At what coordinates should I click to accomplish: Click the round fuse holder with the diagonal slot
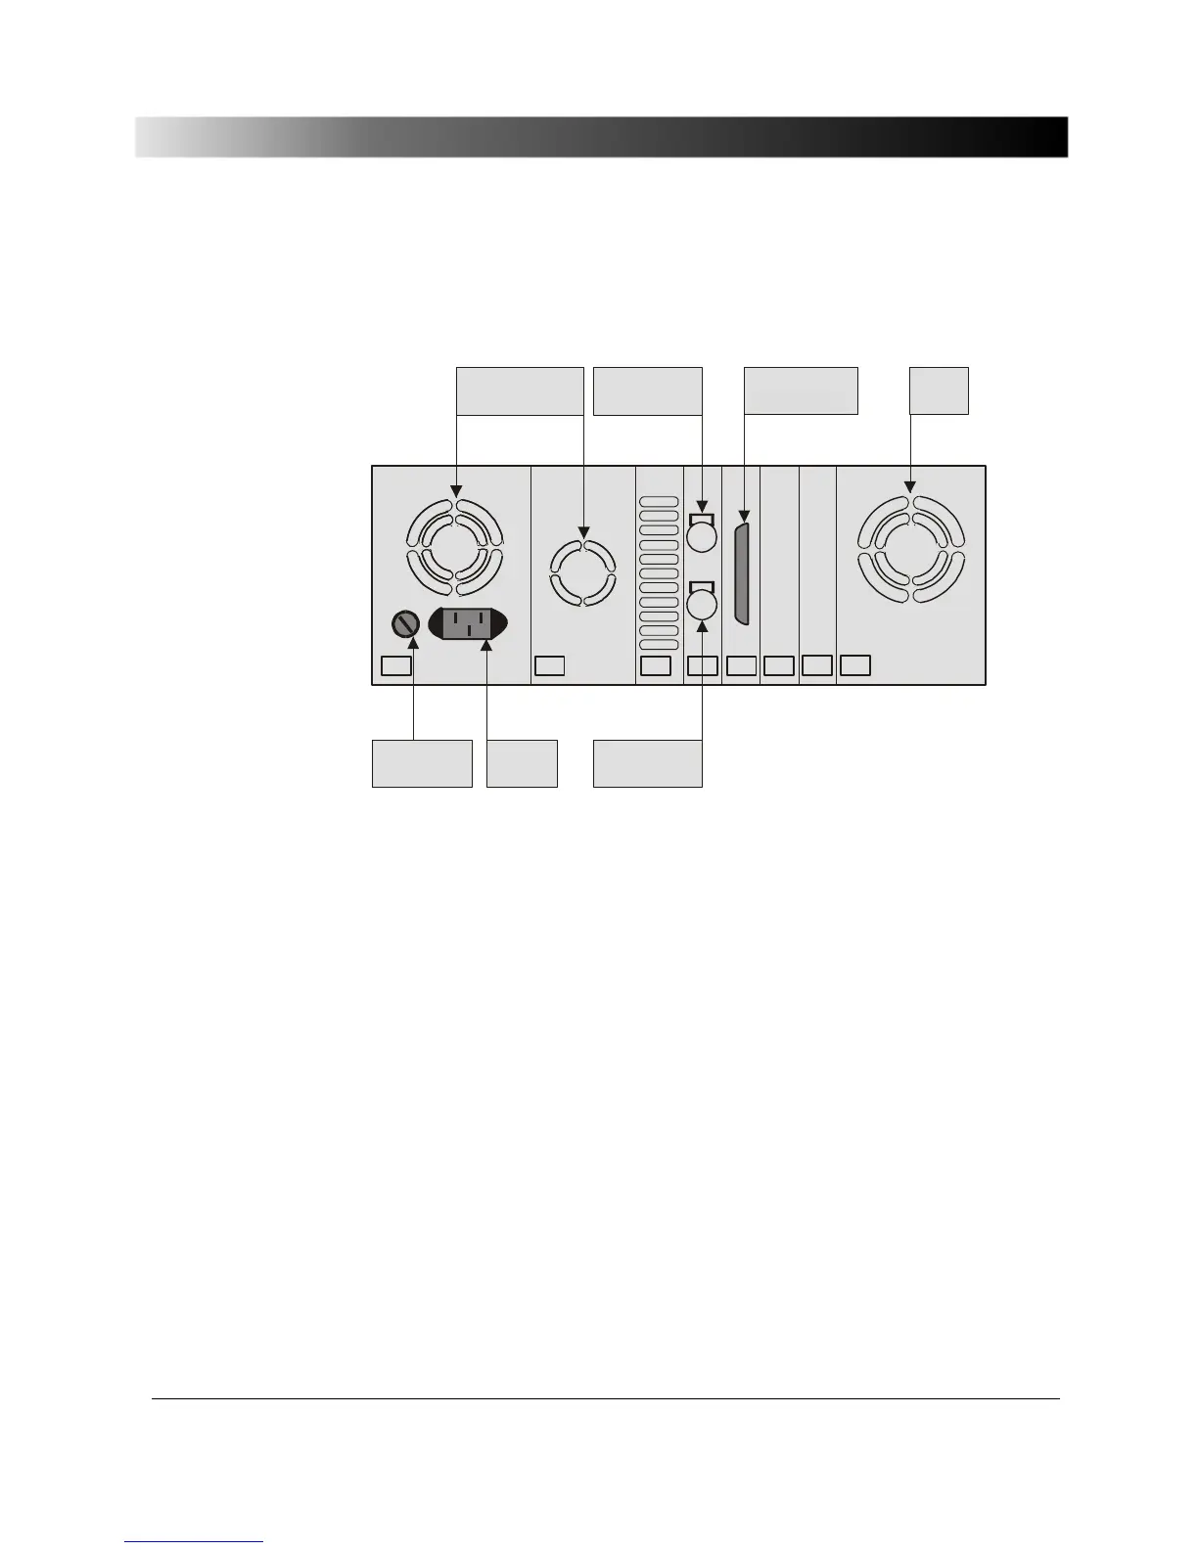pyautogui.click(x=406, y=623)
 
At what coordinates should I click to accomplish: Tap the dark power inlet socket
pyautogui.click(x=469, y=624)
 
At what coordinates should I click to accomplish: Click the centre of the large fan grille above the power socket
pyautogui.click(x=454, y=548)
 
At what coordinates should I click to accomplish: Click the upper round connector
pyautogui.click(x=703, y=537)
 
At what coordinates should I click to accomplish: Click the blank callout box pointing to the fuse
pyautogui.click(x=422, y=763)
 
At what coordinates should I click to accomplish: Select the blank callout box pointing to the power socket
pyautogui.click(x=522, y=763)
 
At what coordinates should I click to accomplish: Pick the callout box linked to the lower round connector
pyautogui.click(x=648, y=763)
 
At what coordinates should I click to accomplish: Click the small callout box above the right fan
pyautogui.click(x=940, y=390)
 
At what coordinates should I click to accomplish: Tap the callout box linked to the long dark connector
pyautogui.click(x=801, y=390)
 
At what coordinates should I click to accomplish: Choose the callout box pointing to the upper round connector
pyautogui.click(x=648, y=390)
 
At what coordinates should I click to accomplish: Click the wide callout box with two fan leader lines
pyautogui.click(x=521, y=390)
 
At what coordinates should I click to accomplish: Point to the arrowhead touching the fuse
pyautogui.click(x=413, y=642)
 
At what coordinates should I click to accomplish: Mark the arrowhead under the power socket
pyautogui.click(x=486, y=645)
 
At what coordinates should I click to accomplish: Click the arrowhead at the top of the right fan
pyautogui.click(x=911, y=485)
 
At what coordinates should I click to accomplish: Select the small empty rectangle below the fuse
pyautogui.click(x=395, y=666)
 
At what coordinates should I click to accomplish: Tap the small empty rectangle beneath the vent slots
pyautogui.click(x=655, y=666)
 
